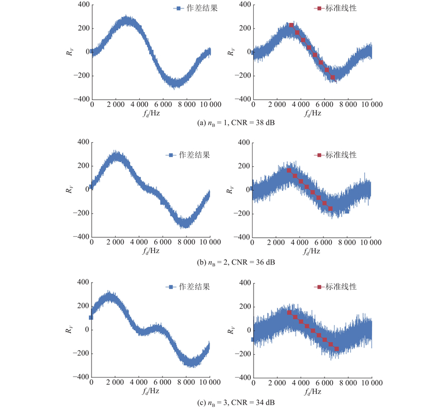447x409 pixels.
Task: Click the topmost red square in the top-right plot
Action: pos(291,25)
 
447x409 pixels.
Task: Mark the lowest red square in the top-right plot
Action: pos(333,77)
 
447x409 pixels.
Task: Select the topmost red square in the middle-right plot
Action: pos(289,170)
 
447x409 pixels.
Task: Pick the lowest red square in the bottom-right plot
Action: pos(336,349)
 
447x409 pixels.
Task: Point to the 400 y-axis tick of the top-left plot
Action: pos(82,4)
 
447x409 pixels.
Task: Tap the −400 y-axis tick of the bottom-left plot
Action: pos(80,378)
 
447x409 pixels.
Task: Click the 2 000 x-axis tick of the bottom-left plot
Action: pos(116,384)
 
